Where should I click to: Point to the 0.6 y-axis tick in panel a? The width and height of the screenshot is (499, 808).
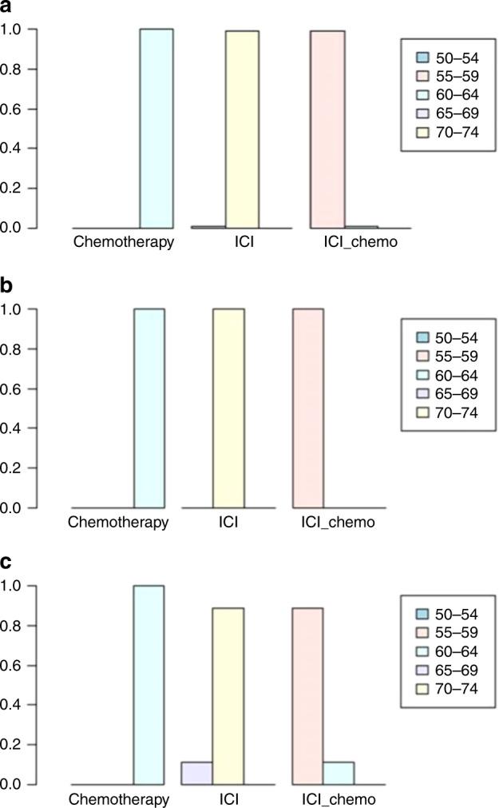click(15, 109)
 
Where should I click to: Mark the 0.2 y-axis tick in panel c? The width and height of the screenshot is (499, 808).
click(15, 745)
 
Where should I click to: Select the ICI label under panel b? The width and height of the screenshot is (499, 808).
click(228, 523)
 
